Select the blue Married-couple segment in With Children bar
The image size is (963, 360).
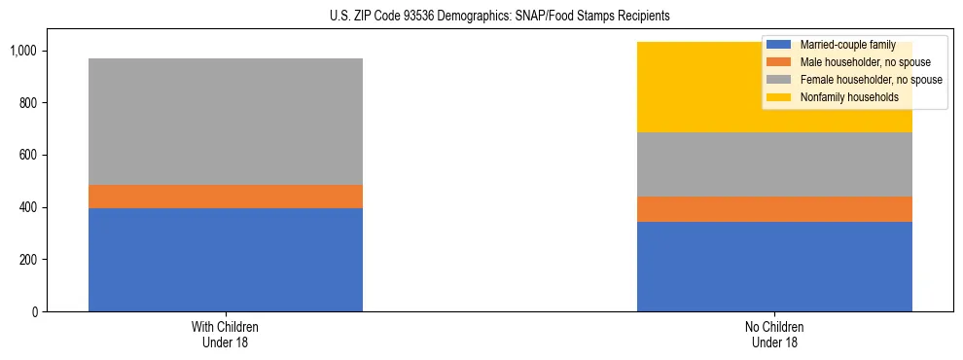226,260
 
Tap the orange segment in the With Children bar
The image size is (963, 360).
226,197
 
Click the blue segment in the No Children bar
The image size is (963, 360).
774,267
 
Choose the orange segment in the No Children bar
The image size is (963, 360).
774,209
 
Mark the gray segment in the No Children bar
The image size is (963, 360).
774,164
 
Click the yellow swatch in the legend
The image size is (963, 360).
779,97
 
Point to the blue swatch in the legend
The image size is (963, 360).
779,45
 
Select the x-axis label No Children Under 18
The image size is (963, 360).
774,335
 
